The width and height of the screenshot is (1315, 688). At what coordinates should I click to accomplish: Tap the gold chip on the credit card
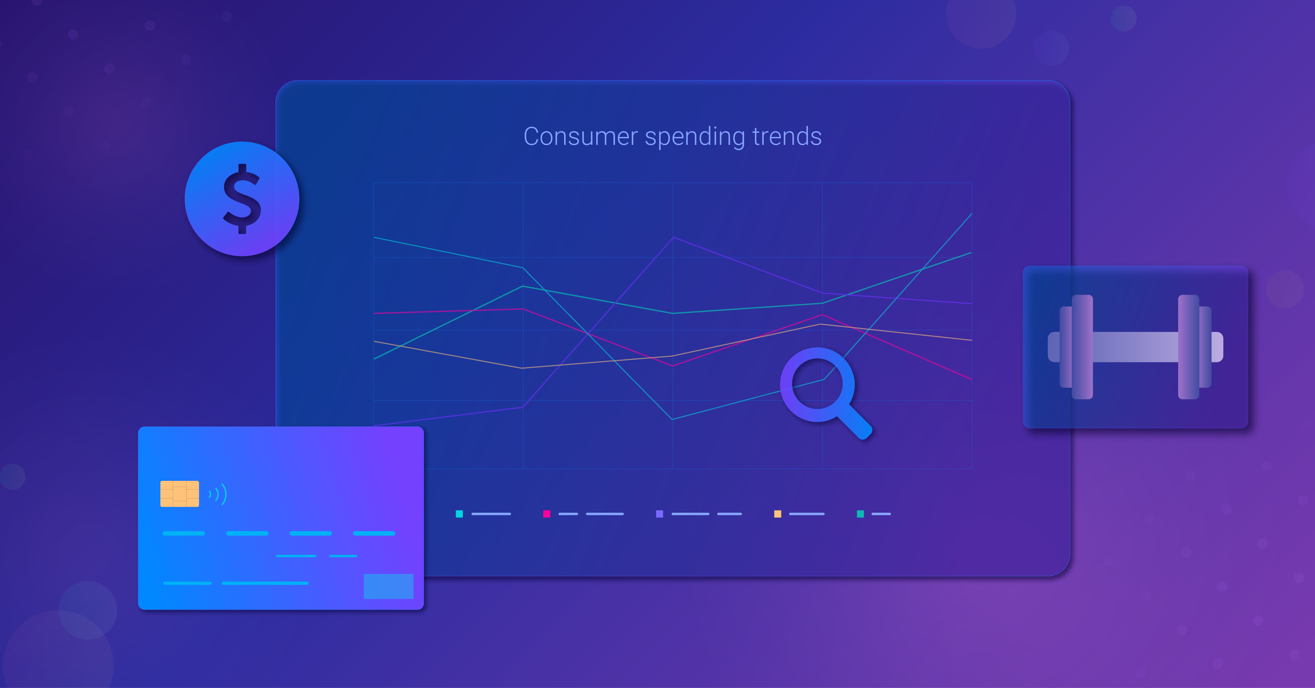click(180, 493)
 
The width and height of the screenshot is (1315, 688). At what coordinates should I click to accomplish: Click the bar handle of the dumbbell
click(1135, 347)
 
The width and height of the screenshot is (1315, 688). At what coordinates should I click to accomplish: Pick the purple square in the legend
click(660, 514)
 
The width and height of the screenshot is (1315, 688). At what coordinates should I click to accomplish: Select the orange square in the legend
click(777, 514)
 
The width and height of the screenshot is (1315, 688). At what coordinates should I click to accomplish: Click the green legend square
click(860, 514)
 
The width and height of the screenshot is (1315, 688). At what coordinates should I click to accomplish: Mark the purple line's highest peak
click(673, 237)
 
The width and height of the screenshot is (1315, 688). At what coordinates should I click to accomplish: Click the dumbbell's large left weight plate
click(1082, 347)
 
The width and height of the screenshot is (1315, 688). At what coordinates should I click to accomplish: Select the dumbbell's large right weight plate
click(1188, 347)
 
